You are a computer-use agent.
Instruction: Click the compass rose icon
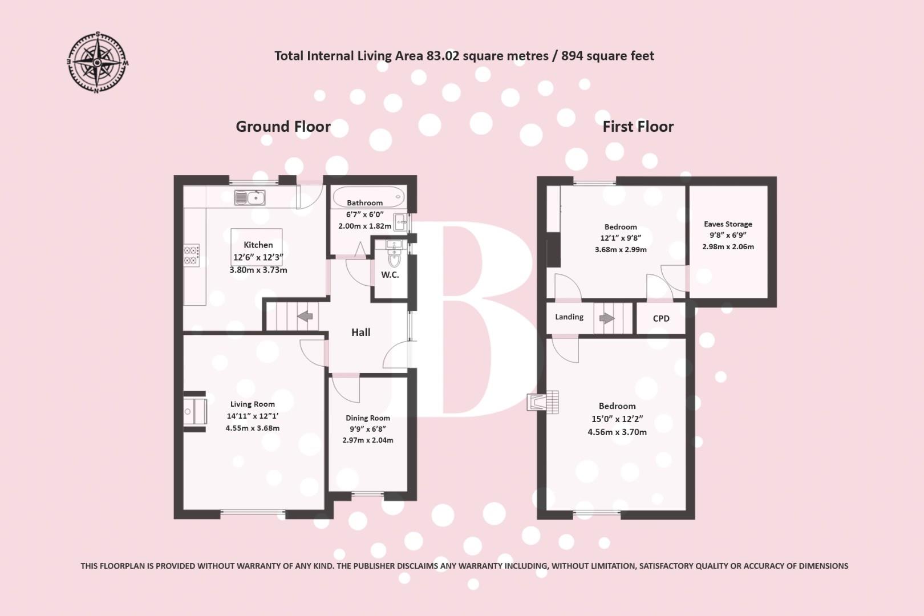[98, 62]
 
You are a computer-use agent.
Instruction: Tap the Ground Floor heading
[283, 127]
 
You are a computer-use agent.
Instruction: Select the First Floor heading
[638, 127]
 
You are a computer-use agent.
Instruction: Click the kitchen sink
[250, 198]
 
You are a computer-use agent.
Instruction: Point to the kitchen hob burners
[192, 255]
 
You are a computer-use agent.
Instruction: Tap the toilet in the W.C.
[394, 258]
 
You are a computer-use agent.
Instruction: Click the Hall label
[360, 332]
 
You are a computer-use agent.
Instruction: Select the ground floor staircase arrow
[306, 315]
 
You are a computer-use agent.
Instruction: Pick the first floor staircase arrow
[607, 318]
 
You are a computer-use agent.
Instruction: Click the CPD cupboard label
[661, 318]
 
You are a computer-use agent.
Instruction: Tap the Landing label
[569, 317]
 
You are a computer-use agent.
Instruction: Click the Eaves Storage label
[728, 224]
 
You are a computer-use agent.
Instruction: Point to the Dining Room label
[368, 418]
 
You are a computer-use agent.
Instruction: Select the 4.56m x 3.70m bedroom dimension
[617, 432]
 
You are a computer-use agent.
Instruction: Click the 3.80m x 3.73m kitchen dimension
[258, 270]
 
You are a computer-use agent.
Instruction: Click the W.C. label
[390, 275]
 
